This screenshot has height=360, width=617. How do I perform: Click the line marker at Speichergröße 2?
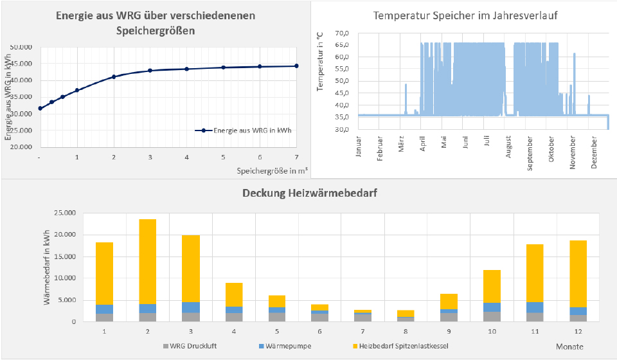click(114, 76)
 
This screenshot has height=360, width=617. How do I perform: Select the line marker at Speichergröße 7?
click(296, 66)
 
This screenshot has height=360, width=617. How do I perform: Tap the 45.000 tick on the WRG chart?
click(23, 64)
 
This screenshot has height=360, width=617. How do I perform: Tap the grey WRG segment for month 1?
click(104, 318)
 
